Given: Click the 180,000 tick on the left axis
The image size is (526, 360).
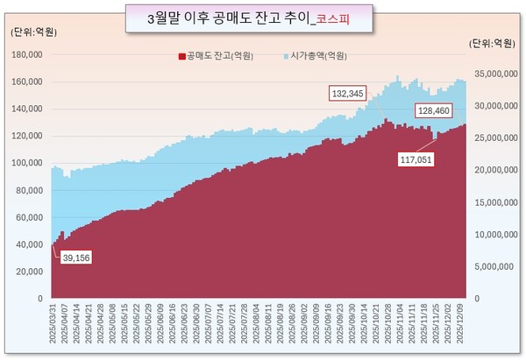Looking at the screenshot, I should (28, 54).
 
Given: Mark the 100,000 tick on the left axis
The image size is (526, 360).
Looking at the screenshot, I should (28, 163).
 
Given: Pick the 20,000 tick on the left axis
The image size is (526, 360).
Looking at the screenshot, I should (31, 272).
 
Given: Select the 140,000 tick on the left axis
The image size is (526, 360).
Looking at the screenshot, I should (28, 109).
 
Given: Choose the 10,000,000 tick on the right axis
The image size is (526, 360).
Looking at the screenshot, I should (495, 234).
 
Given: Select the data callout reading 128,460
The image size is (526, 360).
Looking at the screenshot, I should (437, 111).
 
